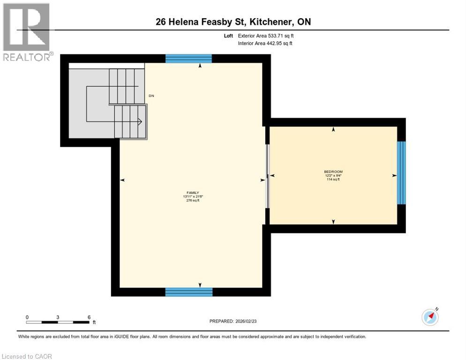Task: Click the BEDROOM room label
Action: pos(333,172)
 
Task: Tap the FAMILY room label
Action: pos(193,193)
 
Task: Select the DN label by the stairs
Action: pos(151,96)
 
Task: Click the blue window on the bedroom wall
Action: pos(401,172)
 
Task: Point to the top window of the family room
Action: pos(188,59)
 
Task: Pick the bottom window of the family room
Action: pos(188,292)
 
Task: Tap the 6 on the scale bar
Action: pos(89,317)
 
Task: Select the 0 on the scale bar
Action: pos(27,317)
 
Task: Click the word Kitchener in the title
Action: pos(273,22)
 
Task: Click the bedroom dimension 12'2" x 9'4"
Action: pos(333,175)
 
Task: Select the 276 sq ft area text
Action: pos(193,200)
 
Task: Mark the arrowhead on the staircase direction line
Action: pos(140,121)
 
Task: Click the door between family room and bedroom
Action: pos(268,176)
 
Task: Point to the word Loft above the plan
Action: pos(228,36)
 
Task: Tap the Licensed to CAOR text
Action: pos(27,356)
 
